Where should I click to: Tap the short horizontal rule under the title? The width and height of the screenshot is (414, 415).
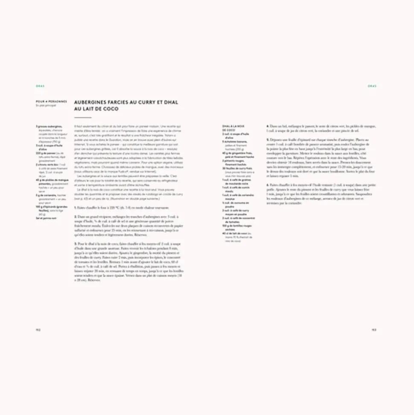(x=83, y=117)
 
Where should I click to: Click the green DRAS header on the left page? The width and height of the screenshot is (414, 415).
(x=41, y=85)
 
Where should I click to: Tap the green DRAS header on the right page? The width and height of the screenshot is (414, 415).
(x=372, y=85)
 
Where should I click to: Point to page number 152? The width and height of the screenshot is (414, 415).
(x=38, y=330)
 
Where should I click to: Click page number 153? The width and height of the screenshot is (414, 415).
(x=373, y=330)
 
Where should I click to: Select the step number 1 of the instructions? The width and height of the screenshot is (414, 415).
(x=75, y=207)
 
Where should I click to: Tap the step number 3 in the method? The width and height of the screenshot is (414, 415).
(x=75, y=243)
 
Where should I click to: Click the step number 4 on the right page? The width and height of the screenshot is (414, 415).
(x=267, y=126)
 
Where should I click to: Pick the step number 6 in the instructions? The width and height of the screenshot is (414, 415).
(x=267, y=184)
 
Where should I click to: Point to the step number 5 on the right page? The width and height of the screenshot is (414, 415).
(x=267, y=139)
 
